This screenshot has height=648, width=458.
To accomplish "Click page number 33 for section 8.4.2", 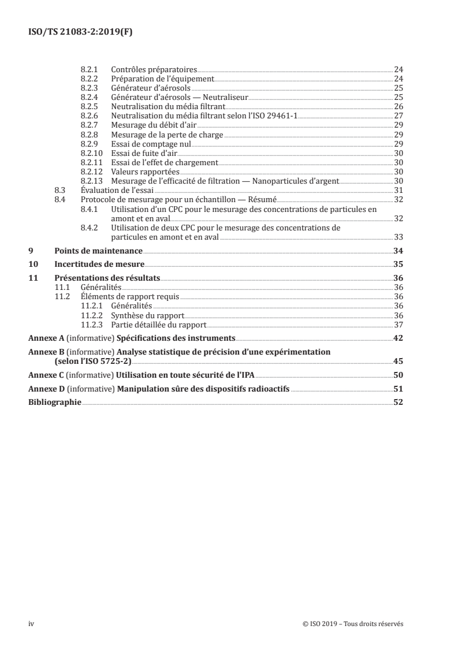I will [x=398, y=237].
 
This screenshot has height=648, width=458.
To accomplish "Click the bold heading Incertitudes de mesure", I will [x=99, y=264].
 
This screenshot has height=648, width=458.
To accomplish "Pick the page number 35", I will [x=398, y=264].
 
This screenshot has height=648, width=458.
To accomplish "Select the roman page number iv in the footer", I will [x=32, y=623].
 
